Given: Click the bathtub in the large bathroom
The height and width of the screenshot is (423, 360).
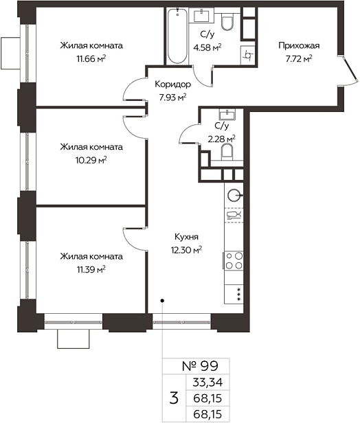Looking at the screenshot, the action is pyautogui.click(x=177, y=36).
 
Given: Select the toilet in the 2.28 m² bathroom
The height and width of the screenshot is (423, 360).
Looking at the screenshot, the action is pyautogui.click(x=227, y=152).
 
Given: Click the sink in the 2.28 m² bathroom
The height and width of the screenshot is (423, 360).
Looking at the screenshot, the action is pyautogui.click(x=227, y=114).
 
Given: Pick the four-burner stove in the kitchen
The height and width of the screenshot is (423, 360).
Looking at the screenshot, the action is pyautogui.click(x=234, y=260).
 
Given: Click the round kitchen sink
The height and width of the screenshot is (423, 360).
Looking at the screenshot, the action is pyautogui.click(x=234, y=195).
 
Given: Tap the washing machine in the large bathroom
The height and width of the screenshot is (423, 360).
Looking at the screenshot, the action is pyautogui.click(x=247, y=56).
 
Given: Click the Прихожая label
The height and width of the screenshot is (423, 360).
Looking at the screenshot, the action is pyautogui.click(x=299, y=46).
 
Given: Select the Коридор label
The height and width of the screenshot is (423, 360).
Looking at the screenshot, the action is pyautogui.click(x=172, y=84).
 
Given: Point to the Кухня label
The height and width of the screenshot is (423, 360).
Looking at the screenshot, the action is pyautogui.click(x=186, y=237).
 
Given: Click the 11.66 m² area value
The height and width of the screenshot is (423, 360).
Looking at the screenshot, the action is pyautogui.click(x=91, y=59).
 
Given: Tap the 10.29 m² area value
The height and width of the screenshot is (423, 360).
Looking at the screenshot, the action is pyautogui.click(x=91, y=161).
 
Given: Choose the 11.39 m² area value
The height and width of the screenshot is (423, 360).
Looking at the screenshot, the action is pyautogui.click(x=91, y=269).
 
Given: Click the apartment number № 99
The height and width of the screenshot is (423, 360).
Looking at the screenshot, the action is pyautogui.click(x=200, y=367).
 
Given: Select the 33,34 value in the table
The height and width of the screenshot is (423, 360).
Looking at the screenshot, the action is pyautogui.click(x=207, y=382).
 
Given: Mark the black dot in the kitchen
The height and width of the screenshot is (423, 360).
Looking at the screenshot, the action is pyautogui.click(x=162, y=300).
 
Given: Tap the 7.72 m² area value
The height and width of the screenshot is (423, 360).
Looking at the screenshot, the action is pyautogui.click(x=299, y=59).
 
